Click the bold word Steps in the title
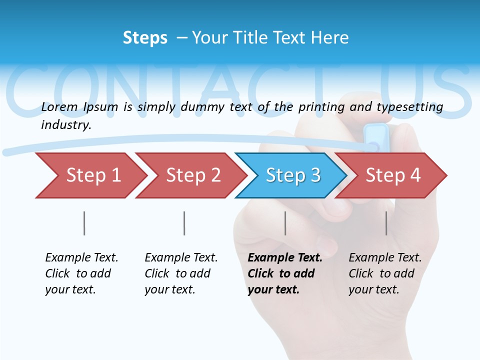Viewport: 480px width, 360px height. click(145, 38)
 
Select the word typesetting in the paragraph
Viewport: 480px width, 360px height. click(409, 107)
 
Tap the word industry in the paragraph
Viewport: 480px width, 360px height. click(65, 125)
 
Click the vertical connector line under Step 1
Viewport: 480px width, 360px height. click(84, 223)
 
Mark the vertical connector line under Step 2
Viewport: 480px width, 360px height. click(184, 223)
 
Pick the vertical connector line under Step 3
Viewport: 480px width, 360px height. click(285, 223)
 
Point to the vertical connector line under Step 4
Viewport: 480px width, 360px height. click(386, 223)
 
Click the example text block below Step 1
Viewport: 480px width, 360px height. click(81, 273)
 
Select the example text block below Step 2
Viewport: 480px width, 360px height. click(181, 273)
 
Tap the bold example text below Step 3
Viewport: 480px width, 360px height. click(284, 273)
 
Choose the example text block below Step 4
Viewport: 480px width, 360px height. click(384, 273)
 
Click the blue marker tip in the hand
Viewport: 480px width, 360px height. click(376, 137)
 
